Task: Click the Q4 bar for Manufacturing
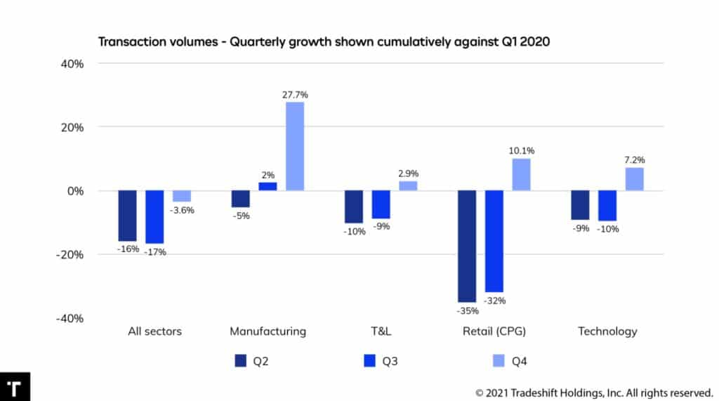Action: [x=295, y=146]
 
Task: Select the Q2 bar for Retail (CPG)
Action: [x=467, y=246]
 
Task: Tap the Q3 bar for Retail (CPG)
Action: [x=494, y=241]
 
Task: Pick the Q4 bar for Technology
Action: [x=635, y=179]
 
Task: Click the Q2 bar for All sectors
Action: [x=127, y=216]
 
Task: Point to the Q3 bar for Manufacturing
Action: [x=268, y=187]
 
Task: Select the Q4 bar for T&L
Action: [x=408, y=186]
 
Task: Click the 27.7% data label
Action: [x=295, y=94]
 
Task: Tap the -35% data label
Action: [x=467, y=310]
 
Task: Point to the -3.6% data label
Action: [x=183, y=210]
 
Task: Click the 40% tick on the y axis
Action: [x=72, y=64]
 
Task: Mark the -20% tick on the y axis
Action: [x=70, y=254]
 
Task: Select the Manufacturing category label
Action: [x=268, y=331]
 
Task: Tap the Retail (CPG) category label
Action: [x=494, y=331]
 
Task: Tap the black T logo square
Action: [x=14, y=387]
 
